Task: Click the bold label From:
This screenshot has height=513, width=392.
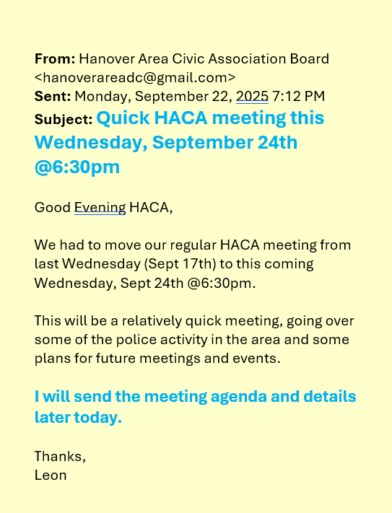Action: tap(54, 58)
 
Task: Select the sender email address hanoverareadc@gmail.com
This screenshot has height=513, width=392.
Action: tap(135, 76)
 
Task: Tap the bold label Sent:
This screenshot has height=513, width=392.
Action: tap(52, 95)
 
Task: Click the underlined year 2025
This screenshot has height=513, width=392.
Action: tap(252, 95)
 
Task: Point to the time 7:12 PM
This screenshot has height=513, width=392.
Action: tap(299, 95)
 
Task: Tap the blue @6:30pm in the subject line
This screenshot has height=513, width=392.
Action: tap(77, 167)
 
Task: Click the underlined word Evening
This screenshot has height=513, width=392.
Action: tap(100, 208)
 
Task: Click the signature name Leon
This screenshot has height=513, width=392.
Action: tap(51, 475)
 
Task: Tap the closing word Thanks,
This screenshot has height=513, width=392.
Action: tap(60, 456)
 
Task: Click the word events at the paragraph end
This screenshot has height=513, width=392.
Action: tap(259, 358)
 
